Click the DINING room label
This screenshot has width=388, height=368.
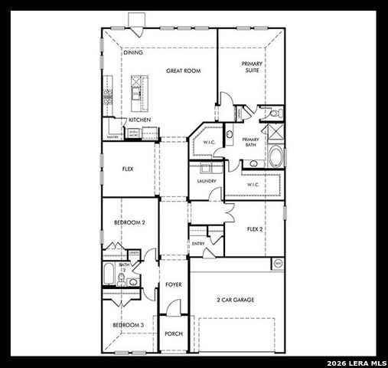coord(133,53)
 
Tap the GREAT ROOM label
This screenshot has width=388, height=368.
coord(184,71)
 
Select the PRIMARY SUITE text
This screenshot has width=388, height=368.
coord(252,67)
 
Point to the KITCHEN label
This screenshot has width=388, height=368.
coord(139,120)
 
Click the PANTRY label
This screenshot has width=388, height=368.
coord(113,137)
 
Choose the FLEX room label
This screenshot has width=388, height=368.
coord(129,169)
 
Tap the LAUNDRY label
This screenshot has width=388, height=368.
coord(207,181)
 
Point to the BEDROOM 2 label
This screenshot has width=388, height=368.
coord(129,222)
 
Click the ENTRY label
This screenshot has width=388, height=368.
coord(198,244)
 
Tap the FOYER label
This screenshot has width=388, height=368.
coord(174,284)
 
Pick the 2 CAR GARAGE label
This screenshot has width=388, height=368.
coord(235,300)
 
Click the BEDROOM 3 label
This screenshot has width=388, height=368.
coord(129,325)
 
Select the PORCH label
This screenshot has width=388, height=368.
coord(174,333)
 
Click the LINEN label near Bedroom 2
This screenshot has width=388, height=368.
coord(134,252)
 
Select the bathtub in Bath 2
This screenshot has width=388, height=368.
coord(109,274)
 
